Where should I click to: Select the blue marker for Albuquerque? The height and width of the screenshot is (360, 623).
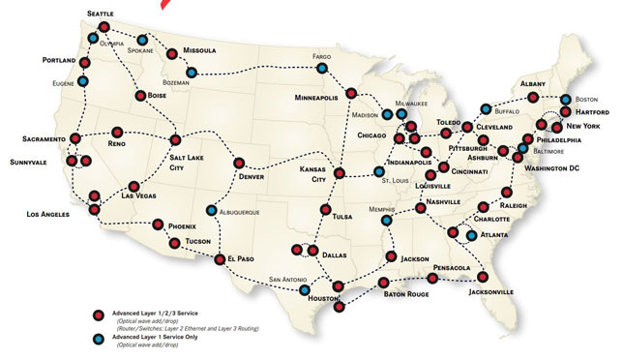pos(212,210)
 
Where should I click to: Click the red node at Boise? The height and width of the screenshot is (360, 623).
pos(140,96)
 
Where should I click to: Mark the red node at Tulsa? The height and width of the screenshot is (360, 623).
pos(325,210)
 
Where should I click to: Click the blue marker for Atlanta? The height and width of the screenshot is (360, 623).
pos(471,234)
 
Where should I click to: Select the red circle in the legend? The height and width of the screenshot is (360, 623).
pos(99,315)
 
